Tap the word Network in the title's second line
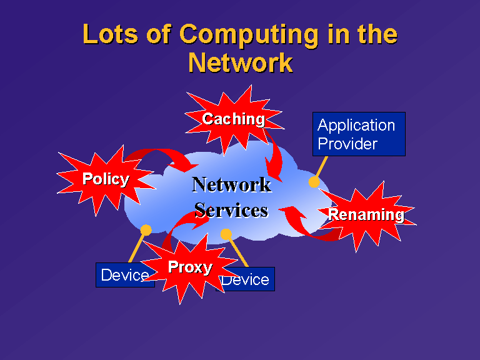[x=241, y=62]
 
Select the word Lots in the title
[x=111, y=34]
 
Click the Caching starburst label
[x=233, y=119]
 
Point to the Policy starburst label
[x=106, y=179]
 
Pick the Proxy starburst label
[x=190, y=267]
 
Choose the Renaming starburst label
[x=366, y=215]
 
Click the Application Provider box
[x=359, y=134]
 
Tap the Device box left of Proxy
[x=125, y=275]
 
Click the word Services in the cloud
[x=231, y=211]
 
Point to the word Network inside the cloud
[x=232, y=184]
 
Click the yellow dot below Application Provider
[x=314, y=182]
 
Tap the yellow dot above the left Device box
[x=146, y=230]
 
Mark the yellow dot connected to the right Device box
[x=226, y=234]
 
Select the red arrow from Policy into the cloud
[x=159, y=152]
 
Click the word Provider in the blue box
[x=347, y=144]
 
